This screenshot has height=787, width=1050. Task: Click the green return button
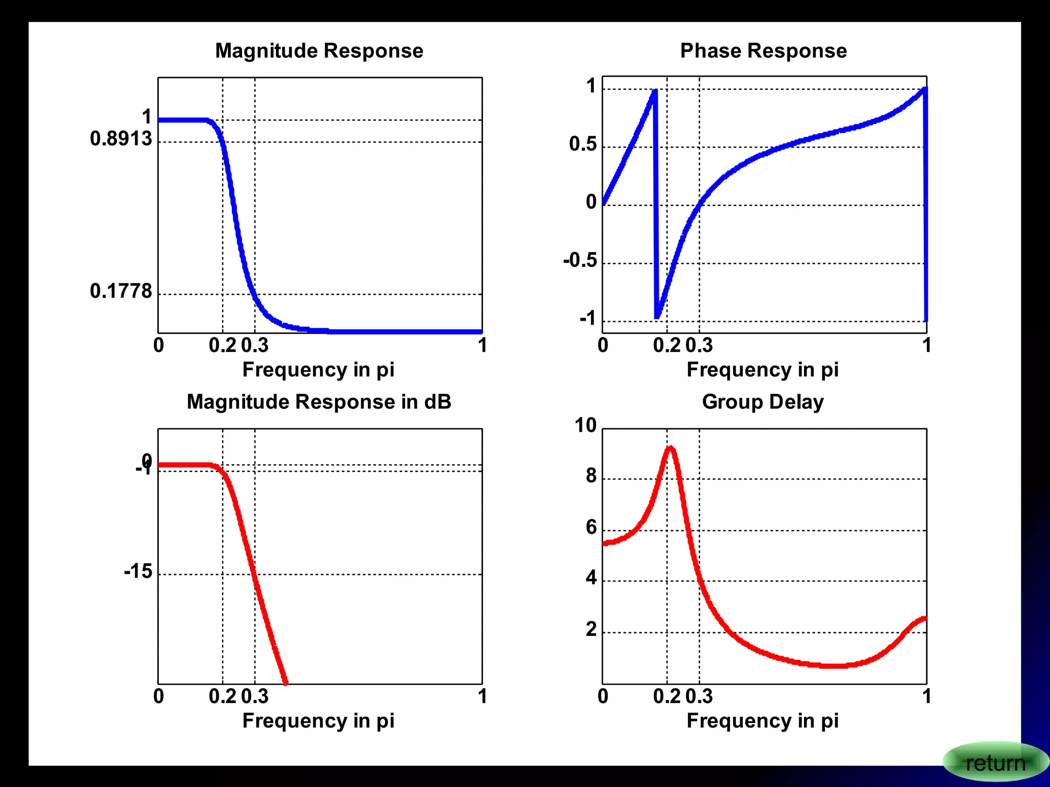coord(995,763)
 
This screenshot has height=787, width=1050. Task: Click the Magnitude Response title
coord(319,51)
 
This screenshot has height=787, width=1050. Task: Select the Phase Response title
coord(763,51)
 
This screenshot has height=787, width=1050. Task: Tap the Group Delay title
coord(762,402)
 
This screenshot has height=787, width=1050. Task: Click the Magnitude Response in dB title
coord(319,402)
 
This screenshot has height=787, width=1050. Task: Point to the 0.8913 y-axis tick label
coord(121,139)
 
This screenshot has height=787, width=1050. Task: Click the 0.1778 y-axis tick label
coord(121,291)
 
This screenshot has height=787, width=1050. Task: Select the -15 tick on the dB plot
coord(138,571)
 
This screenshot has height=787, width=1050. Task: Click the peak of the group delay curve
coord(671,448)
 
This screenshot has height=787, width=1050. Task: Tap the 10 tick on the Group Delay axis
coord(585,425)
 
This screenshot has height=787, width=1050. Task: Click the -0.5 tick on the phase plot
coord(580,260)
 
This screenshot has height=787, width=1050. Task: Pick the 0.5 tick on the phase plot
coord(583,144)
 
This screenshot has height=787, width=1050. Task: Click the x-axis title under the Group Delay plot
coord(762,720)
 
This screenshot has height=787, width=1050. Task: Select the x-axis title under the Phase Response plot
coord(762,369)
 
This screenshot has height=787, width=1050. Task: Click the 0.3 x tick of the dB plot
coord(255,696)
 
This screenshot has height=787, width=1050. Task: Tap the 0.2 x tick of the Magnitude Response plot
coord(223,345)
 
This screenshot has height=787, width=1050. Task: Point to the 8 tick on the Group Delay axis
coord(591,476)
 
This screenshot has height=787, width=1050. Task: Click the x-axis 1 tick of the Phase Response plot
coord(926,345)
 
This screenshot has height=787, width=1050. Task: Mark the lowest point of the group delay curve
coord(833,666)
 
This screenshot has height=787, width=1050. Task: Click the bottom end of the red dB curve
coord(286,682)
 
